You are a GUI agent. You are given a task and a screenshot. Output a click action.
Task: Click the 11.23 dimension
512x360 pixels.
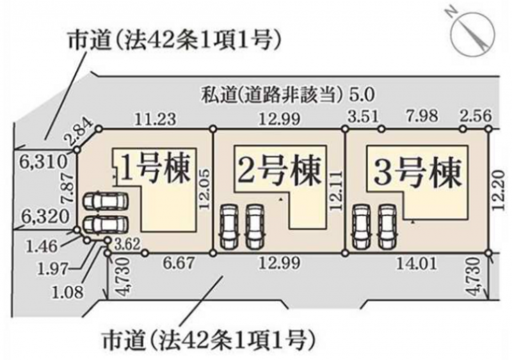(156, 119)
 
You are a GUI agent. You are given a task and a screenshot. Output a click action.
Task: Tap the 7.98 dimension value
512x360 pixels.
(422, 116)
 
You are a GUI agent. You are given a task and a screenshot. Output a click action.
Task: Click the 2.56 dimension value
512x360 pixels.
(476, 116)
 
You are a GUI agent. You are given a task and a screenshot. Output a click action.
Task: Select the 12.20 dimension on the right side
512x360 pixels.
(502, 191)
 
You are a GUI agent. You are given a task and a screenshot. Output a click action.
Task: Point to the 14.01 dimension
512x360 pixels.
(417, 263)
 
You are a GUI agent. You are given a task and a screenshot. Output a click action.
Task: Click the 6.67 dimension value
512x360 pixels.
(179, 263)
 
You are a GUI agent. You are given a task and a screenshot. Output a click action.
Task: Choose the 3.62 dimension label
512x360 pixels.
(127, 244)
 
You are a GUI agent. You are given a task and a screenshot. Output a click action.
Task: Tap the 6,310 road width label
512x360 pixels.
(43, 161)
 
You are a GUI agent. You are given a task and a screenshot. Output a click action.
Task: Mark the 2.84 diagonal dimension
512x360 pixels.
(79, 134)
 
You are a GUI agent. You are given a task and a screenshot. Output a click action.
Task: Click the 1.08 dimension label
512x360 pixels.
(68, 292)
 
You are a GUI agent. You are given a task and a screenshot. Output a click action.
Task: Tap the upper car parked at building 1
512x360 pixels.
(105, 201)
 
